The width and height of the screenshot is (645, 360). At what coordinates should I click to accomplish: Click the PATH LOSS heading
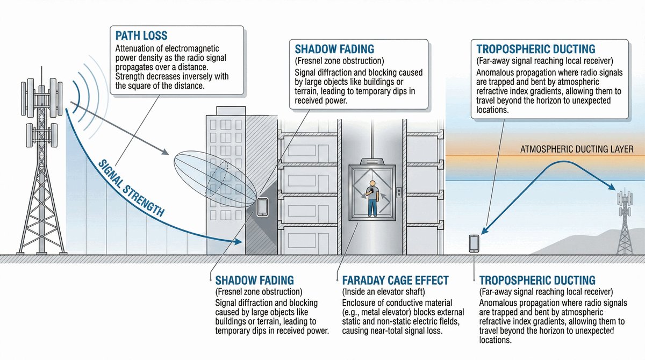point(141,36)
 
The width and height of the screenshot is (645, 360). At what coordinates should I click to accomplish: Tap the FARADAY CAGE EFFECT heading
point(396,280)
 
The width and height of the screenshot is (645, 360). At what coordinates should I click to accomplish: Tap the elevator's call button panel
point(398,192)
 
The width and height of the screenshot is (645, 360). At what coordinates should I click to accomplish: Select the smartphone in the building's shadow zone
point(263,207)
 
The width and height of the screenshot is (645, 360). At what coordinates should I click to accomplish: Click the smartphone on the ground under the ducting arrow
point(474,243)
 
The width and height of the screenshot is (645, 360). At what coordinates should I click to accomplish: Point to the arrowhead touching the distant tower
point(613,188)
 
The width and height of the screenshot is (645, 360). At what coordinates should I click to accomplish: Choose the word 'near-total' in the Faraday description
point(394,331)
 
